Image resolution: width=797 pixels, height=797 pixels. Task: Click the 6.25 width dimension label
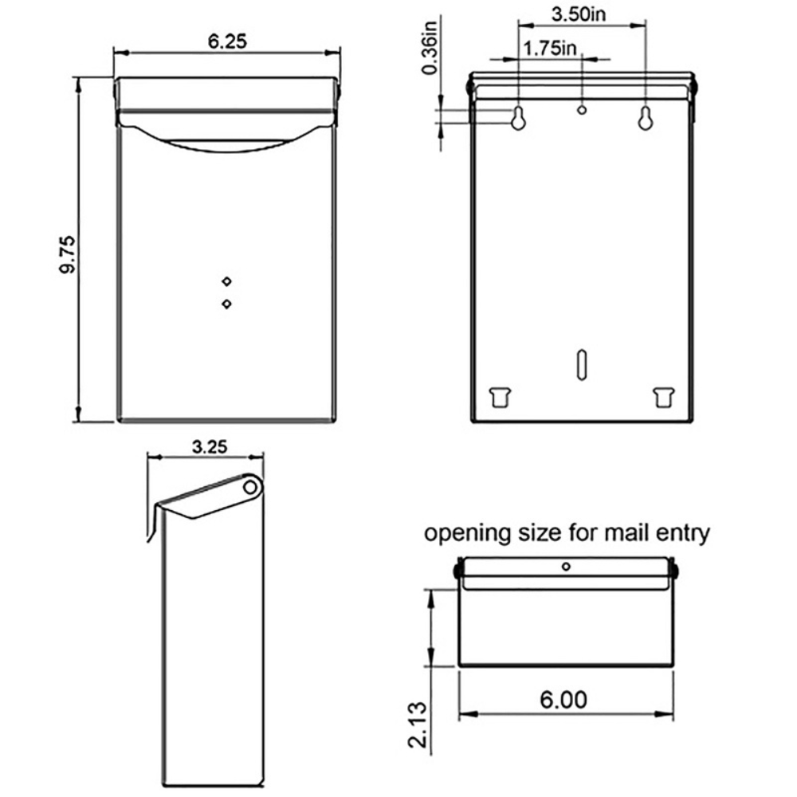click(226, 41)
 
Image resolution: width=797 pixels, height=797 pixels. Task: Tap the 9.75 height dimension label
click(67, 254)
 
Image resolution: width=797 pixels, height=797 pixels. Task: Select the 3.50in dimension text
click(583, 14)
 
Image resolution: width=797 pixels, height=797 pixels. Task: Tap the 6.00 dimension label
click(563, 700)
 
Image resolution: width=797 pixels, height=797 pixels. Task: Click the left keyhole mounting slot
click(518, 118)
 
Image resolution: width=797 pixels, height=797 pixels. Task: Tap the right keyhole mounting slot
click(646, 118)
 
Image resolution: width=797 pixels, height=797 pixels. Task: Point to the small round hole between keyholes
click(582, 109)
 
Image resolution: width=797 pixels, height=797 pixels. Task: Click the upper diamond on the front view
click(227, 280)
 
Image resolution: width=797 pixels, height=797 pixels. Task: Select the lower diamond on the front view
click(227, 304)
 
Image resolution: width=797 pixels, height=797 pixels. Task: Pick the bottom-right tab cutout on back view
click(662, 396)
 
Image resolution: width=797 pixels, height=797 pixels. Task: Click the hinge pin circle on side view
click(249, 485)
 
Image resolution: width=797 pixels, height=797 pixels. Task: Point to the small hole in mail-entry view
click(566, 567)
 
